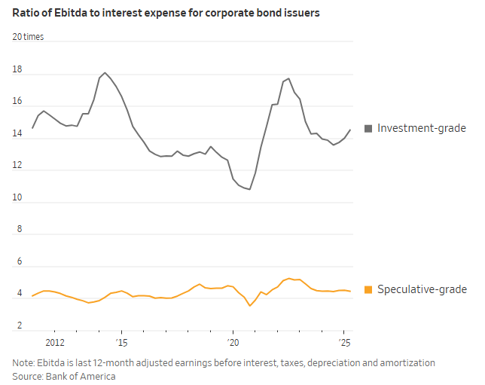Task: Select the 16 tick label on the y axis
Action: coord(17,102)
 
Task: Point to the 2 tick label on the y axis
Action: coord(17,325)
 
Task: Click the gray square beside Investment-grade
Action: coord(368,129)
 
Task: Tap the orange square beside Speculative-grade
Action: coord(368,290)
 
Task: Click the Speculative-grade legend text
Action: coord(422,290)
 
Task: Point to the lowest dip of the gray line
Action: coord(249,190)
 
